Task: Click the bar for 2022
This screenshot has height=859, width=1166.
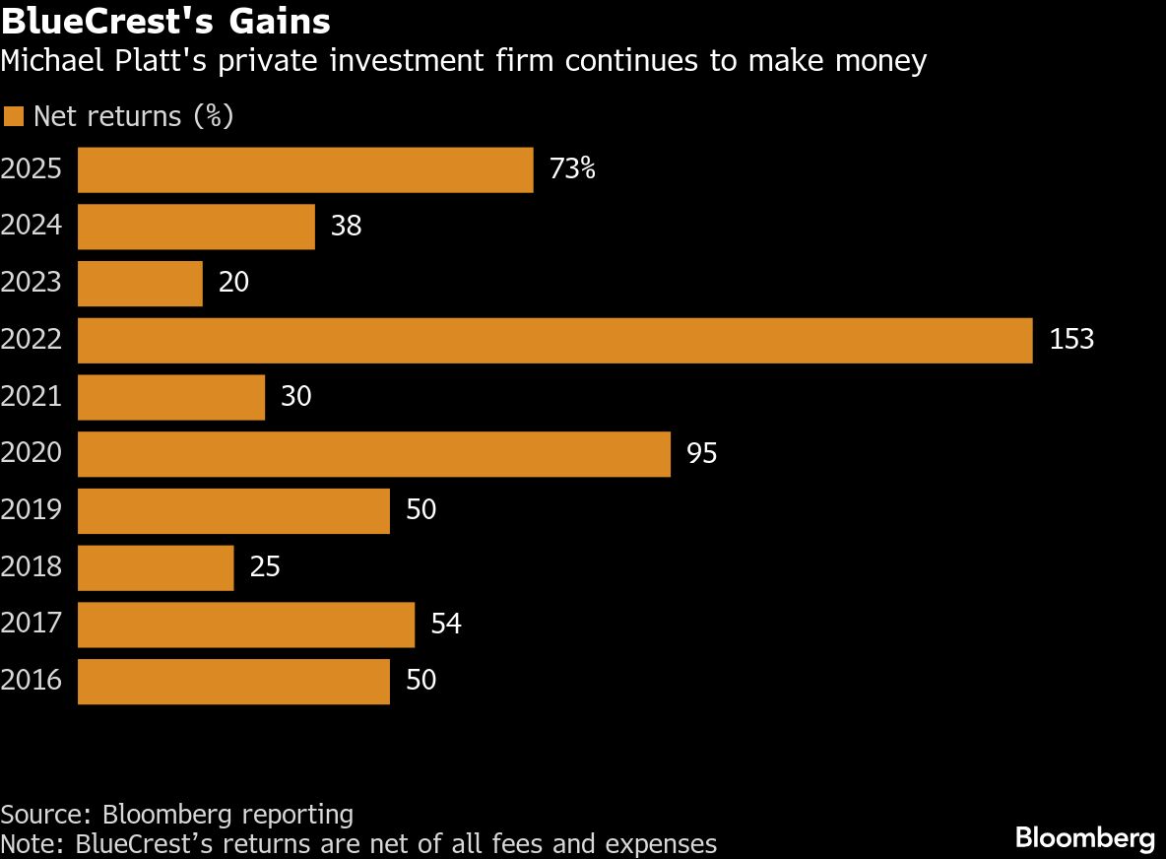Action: [554, 341]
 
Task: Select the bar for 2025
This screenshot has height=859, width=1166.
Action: [305, 169]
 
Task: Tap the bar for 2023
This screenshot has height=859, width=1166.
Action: [140, 284]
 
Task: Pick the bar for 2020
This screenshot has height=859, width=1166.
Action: [374, 454]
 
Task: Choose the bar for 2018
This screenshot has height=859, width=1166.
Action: [156, 568]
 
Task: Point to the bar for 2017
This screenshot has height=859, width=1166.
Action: [246, 625]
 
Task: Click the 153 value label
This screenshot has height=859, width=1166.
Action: [1071, 340]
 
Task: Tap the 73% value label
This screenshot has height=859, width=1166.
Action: [572, 169]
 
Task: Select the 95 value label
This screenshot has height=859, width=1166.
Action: [701, 454]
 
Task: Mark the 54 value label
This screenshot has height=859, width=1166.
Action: [446, 625]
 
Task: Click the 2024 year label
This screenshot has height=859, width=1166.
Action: [32, 227]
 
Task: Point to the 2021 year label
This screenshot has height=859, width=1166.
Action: [32, 397]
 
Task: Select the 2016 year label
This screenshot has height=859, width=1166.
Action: [32, 681]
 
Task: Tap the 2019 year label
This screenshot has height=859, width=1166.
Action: [32, 510]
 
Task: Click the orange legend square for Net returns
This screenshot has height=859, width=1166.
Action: [13, 117]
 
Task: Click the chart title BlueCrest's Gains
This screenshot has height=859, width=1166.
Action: [165, 21]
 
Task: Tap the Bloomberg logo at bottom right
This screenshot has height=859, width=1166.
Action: [1084, 838]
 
